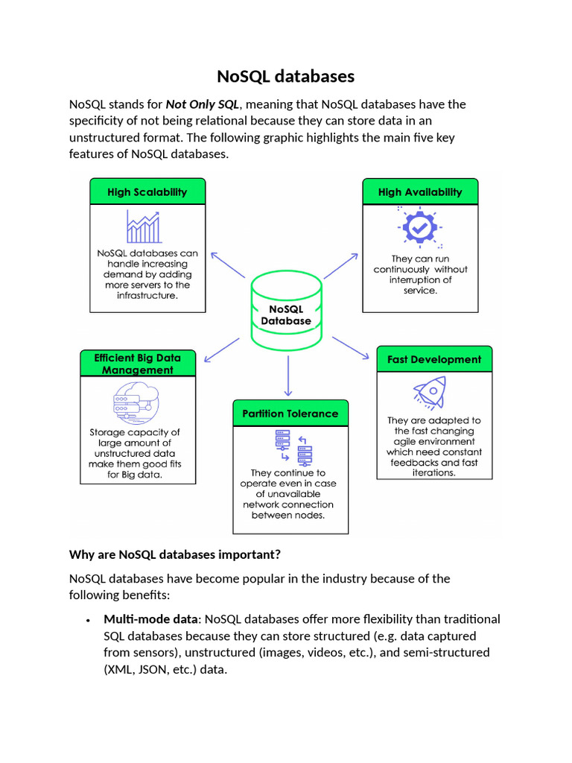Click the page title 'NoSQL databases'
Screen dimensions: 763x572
[x=286, y=77]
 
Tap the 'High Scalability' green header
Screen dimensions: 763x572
[x=147, y=191]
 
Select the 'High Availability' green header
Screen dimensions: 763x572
[x=420, y=191]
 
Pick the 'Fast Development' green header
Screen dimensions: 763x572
[x=434, y=359]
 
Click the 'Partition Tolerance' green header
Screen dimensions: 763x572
[x=290, y=414]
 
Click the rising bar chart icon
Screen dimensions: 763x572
[x=144, y=227]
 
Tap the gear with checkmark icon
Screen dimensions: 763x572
[x=419, y=227]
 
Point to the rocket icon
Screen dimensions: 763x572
[x=430, y=393]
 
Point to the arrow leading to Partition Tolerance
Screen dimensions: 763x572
[x=287, y=376]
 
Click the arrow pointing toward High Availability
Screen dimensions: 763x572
[x=342, y=265]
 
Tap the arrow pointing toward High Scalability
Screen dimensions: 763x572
[x=227, y=265]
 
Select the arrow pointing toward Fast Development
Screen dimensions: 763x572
[x=350, y=348]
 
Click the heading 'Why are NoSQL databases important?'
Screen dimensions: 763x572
[x=174, y=554]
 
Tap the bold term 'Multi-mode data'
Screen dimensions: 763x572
[x=152, y=619]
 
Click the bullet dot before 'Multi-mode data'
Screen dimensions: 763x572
[x=88, y=620]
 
